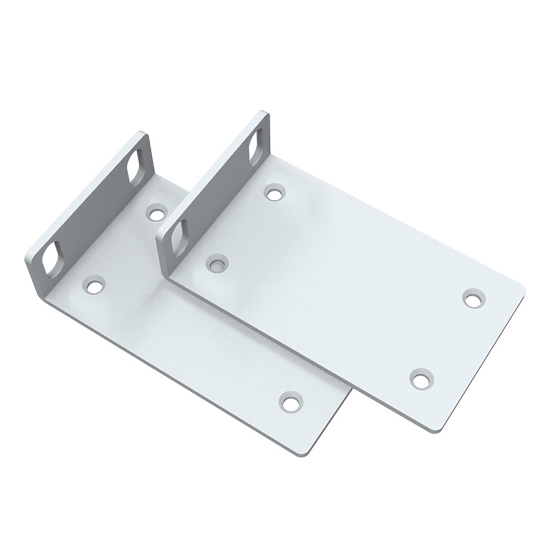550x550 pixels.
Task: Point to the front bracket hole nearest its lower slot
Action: pos(218,263)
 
